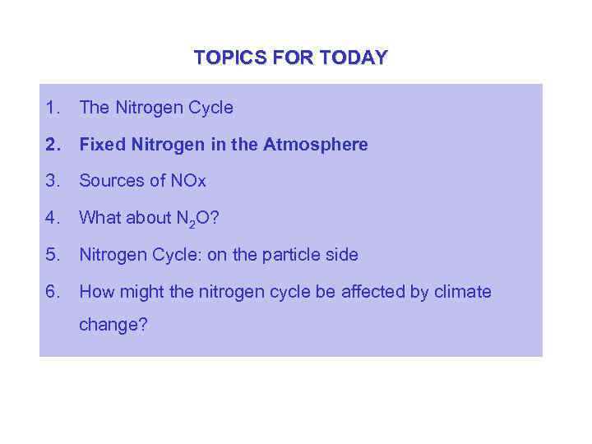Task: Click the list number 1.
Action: [x=53, y=108]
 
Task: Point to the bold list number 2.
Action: [x=54, y=145]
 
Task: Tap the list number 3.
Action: [x=53, y=181]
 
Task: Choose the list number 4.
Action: [x=53, y=218]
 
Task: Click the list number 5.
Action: [x=53, y=255]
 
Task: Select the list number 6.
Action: [x=53, y=292]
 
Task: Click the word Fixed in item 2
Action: [x=99, y=145]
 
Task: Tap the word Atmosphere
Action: [x=316, y=145]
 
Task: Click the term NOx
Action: [x=187, y=181]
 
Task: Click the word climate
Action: [x=461, y=292]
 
